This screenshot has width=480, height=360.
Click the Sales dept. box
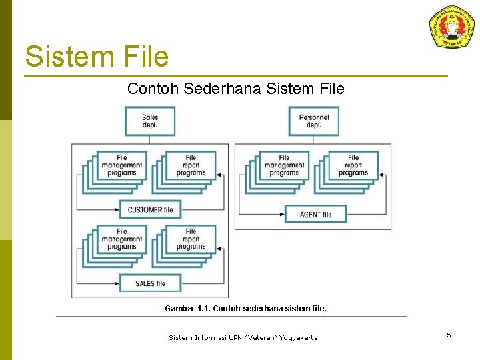tap(150, 121)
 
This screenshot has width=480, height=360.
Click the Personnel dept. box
tap(314, 121)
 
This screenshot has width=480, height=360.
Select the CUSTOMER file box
tap(150, 209)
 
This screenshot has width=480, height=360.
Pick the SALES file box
tap(150, 283)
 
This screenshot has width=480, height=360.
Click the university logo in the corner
tap(452, 27)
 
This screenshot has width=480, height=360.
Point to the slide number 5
tap(449, 335)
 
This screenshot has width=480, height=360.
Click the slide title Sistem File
tap(97, 57)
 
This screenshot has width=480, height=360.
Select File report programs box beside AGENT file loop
tap(353, 165)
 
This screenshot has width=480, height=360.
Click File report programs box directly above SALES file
tap(191, 239)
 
